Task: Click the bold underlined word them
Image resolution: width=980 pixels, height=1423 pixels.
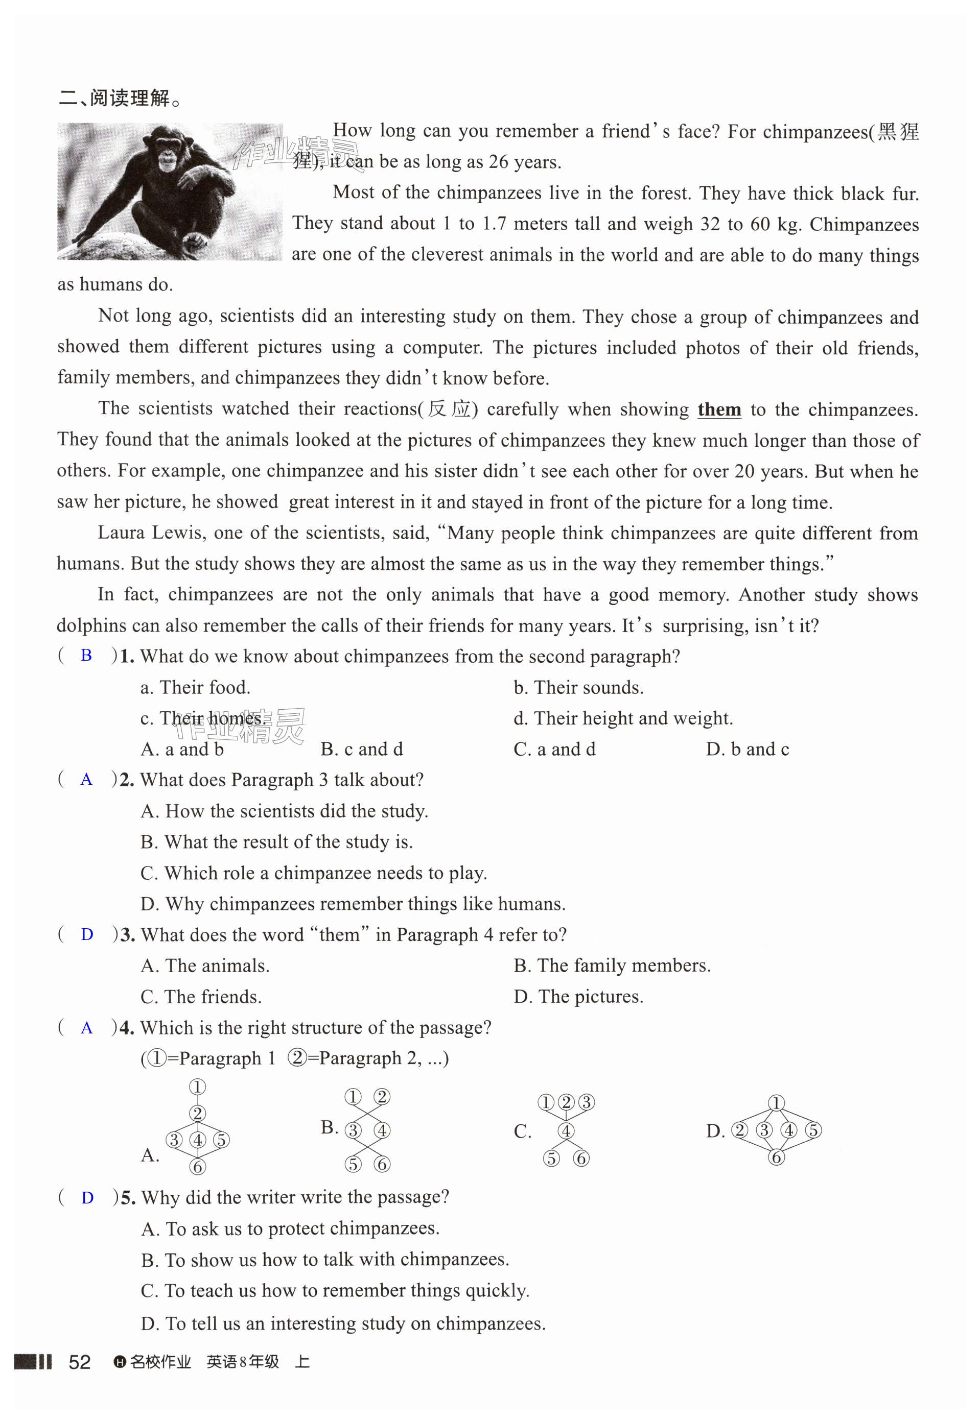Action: (x=719, y=409)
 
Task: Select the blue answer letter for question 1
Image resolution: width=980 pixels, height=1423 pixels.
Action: (x=86, y=656)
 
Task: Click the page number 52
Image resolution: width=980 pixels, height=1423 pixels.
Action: (x=79, y=1362)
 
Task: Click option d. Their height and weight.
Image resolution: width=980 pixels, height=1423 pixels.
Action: (x=623, y=718)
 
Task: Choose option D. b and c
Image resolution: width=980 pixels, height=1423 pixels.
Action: (x=748, y=749)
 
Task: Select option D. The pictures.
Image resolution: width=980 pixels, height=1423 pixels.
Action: (x=578, y=997)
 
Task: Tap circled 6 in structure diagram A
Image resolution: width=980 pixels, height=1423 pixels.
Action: (x=198, y=1167)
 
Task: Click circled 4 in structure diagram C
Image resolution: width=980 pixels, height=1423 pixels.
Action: (x=566, y=1130)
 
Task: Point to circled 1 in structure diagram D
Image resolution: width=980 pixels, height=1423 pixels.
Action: (x=776, y=1103)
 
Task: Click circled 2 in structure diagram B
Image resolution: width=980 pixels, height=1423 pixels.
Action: (x=382, y=1097)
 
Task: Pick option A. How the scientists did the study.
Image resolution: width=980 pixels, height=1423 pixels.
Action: (x=284, y=811)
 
